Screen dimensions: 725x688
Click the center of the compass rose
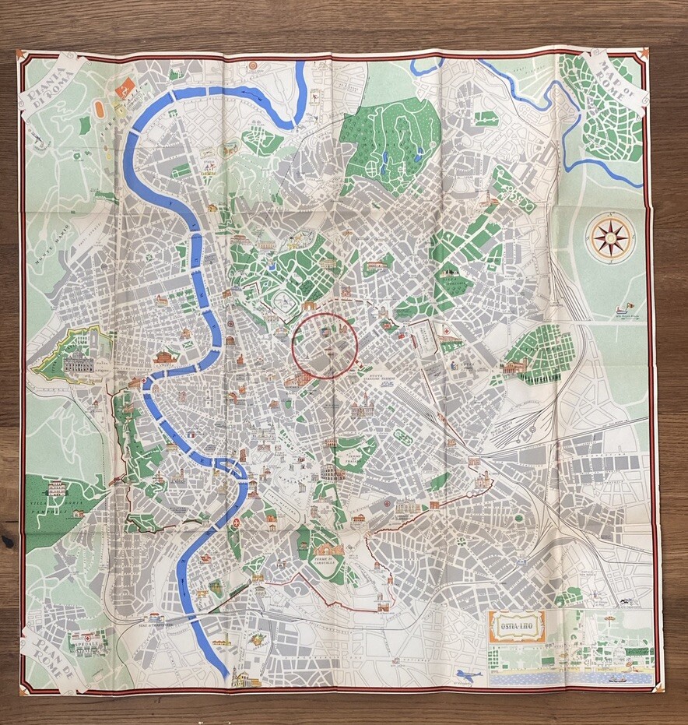point(611,238)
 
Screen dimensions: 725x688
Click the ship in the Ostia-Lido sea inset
point(619,677)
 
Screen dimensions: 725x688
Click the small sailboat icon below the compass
point(620,309)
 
